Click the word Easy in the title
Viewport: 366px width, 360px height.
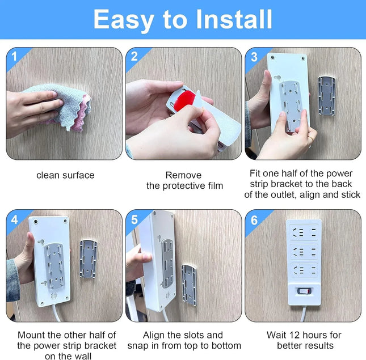click(123, 19)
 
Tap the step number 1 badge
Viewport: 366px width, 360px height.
click(14, 56)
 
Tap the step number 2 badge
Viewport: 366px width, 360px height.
click(134, 56)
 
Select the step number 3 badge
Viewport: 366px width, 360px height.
click(254, 56)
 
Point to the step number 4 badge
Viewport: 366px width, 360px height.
click(14, 218)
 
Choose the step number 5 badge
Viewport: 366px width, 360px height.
click(134, 218)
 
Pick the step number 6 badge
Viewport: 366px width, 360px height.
click(254, 218)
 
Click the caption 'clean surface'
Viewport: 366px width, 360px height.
click(65, 175)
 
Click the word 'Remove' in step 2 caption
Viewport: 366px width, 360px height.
click(183, 175)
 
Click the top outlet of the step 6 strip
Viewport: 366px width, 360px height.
click(304, 232)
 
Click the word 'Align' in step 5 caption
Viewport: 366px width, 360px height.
click(154, 335)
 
